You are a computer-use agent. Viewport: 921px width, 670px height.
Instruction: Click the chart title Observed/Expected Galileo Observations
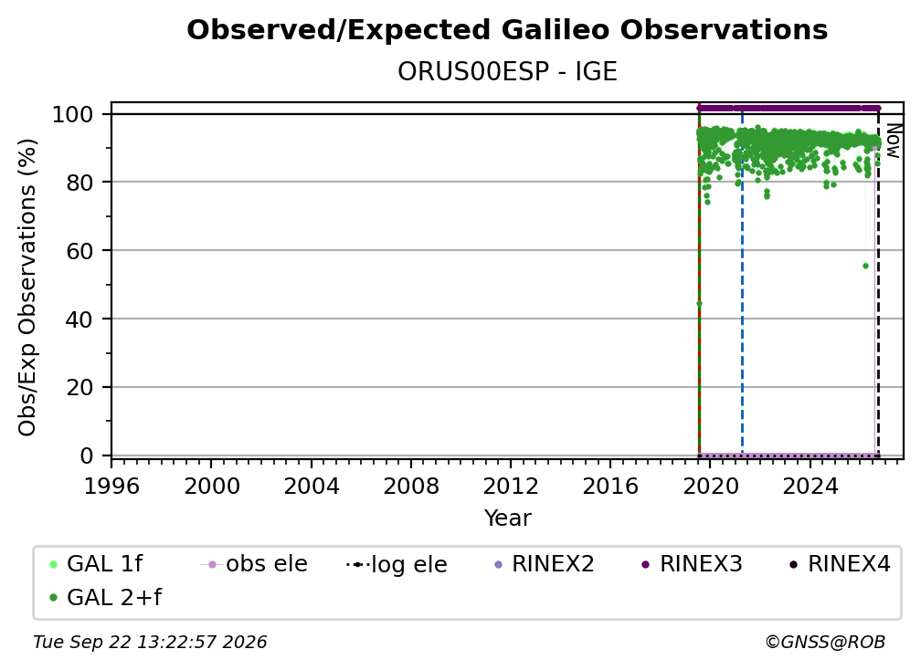(x=507, y=30)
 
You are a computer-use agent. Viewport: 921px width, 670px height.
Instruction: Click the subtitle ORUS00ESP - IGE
(x=507, y=71)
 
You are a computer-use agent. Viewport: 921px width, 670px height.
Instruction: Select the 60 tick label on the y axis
(x=79, y=250)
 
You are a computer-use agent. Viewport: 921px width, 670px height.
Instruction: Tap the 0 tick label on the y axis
(x=87, y=455)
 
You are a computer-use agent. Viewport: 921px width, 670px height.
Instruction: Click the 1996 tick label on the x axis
(x=111, y=487)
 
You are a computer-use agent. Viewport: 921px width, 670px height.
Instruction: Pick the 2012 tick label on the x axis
(x=511, y=487)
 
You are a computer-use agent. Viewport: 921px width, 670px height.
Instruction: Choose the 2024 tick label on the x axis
(x=810, y=487)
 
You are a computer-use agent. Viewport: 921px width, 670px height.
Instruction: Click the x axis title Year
(x=507, y=518)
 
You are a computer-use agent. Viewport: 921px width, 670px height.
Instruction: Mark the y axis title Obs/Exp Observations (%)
(x=27, y=288)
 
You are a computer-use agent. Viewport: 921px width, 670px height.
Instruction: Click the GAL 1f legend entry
(x=96, y=564)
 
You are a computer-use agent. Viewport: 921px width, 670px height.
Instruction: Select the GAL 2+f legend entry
(x=106, y=598)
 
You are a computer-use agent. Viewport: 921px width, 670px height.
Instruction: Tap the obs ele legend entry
(x=254, y=564)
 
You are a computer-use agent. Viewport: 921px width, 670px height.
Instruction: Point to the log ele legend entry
(x=397, y=564)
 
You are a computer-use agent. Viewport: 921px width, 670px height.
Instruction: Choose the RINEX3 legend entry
(x=693, y=564)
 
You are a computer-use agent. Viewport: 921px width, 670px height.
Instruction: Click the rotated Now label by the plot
(x=893, y=141)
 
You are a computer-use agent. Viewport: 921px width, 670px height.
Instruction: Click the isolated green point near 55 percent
(x=865, y=266)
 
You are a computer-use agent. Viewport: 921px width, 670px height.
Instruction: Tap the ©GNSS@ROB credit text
(x=825, y=643)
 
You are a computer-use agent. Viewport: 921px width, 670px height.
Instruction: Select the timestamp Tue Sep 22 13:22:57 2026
(x=150, y=643)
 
